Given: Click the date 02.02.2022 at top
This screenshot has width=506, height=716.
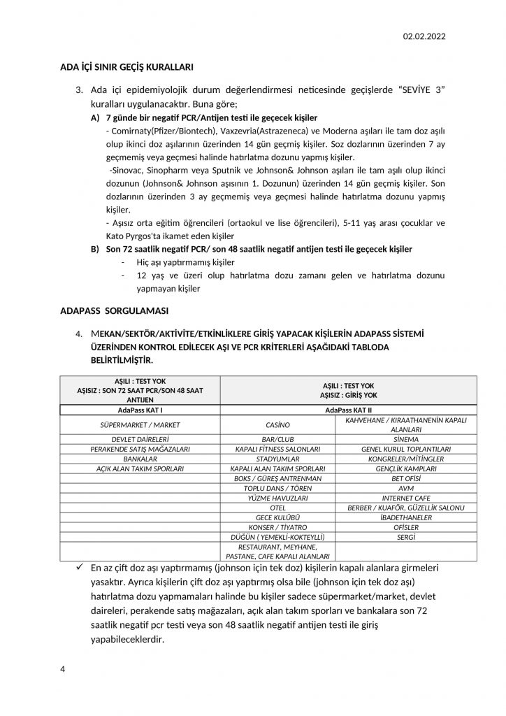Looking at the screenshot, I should click(x=425, y=36).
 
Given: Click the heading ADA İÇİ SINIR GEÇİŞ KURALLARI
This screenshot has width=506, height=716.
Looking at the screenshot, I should click(x=127, y=67).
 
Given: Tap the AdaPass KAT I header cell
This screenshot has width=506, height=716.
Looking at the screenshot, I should click(x=140, y=410).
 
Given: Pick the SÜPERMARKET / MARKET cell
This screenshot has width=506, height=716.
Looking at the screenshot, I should click(x=140, y=424).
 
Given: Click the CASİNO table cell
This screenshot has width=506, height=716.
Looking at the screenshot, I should click(x=277, y=424).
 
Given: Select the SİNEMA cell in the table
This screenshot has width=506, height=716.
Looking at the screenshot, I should click(x=405, y=438).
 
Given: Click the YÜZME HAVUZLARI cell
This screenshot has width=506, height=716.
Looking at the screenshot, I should click(x=277, y=497).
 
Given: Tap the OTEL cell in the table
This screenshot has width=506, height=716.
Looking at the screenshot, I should click(x=277, y=507).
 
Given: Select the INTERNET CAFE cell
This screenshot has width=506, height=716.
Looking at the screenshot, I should click(x=405, y=497).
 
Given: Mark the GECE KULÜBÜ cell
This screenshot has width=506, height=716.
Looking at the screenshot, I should click(x=277, y=517).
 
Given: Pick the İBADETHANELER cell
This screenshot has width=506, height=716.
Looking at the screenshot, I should click(x=405, y=517).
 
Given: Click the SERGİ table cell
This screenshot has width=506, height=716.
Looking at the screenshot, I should click(x=405, y=536).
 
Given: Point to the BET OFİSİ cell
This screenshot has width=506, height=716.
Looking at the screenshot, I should click(x=405, y=478).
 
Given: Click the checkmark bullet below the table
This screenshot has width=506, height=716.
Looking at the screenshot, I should click(x=81, y=568).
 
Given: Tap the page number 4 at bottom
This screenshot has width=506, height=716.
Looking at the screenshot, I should click(x=63, y=669).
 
